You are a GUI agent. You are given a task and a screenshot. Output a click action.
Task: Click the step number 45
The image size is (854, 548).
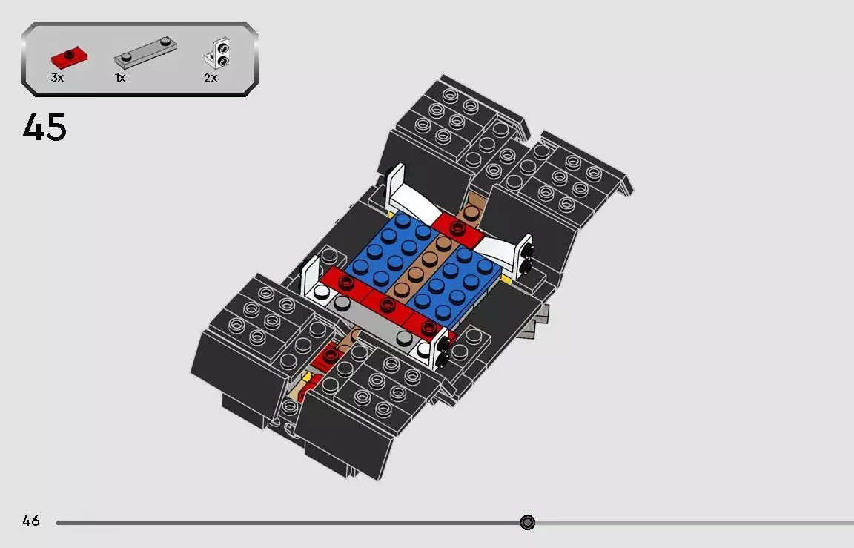[x=44, y=128]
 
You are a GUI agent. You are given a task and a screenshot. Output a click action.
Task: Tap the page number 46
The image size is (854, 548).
[x=31, y=521]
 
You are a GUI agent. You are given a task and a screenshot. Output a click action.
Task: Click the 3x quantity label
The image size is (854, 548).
[x=58, y=77]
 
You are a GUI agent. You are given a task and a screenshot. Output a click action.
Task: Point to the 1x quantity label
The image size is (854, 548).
[x=120, y=77]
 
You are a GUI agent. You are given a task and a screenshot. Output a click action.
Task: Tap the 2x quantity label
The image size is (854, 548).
[x=211, y=77]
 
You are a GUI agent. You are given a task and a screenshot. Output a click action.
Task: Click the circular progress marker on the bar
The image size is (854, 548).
[x=527, y=523]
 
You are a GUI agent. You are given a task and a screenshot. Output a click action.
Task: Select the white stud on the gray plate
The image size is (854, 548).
[x=320, y=293]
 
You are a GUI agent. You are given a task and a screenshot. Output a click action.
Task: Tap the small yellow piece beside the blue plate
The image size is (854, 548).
[x=507, y=280]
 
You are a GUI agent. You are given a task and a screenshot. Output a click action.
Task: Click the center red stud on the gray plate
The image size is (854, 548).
[x=385, y=304]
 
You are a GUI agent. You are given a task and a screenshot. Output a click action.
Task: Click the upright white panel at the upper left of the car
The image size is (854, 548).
[x=395, y=183]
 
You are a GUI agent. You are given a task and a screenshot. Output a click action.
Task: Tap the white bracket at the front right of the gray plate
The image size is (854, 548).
[x=440, y=348]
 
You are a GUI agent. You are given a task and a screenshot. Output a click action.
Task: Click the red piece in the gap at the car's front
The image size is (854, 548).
[x=324, y=359]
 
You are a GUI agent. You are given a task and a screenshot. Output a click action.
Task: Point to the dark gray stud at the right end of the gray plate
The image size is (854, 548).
[x=405, y=338]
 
